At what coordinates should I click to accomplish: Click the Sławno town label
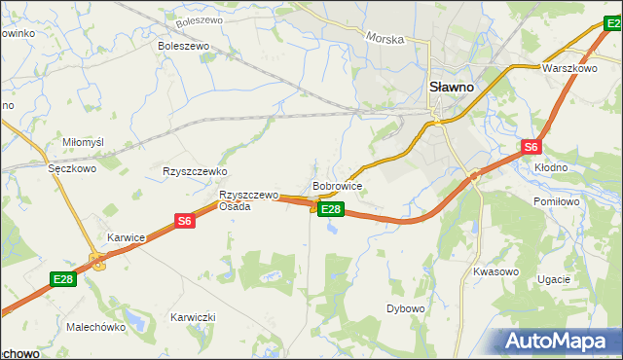click(452, 87)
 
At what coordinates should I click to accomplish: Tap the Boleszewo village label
click(184, 45)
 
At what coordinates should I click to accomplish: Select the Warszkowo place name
click(569, 69)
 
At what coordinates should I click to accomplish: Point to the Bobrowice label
click(338, 185)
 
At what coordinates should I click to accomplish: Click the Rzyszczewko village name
click(195, 171)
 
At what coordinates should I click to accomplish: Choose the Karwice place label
click(127, 236)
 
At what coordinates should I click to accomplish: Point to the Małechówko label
click(96, 328)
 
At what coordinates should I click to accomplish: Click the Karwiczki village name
click(193, 318)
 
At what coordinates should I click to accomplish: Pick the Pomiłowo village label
click(557, 200)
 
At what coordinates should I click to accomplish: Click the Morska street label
click(384, 38)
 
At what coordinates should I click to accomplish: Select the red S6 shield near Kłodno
click(530, 147)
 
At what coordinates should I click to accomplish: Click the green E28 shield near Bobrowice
click(331, 209)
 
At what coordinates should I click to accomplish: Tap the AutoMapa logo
click(560, 341)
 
